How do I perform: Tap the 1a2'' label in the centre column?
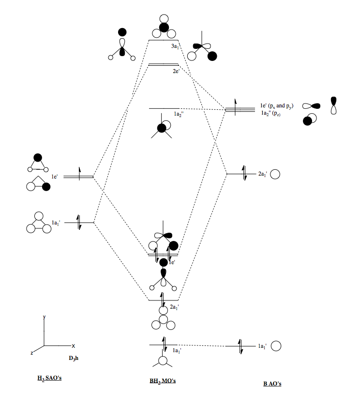coord(180,114)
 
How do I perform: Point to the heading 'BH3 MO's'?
coord(162,381)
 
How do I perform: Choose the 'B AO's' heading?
coord(272,384)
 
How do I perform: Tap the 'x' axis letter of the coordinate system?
coord(73,346)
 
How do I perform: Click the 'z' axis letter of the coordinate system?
coord(32,353)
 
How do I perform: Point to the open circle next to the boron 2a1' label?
coord(275,174)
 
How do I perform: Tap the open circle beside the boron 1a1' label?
coord(276,346)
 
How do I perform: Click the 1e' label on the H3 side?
coord(55,177)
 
